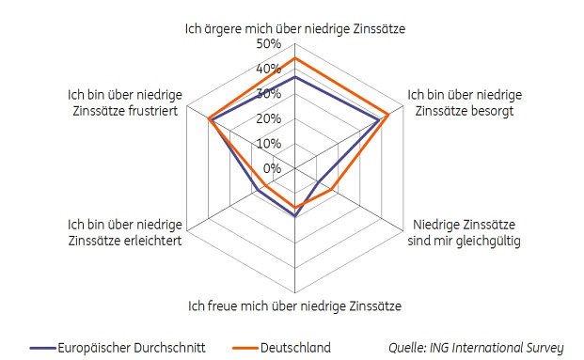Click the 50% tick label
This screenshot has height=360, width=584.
point(269,45)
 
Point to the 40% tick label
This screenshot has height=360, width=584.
point(269,70)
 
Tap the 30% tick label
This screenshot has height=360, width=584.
point(269,94)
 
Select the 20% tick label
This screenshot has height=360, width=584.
point(269,118)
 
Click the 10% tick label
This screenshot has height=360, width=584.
point(269,144)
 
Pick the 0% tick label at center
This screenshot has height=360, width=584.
point(272,168)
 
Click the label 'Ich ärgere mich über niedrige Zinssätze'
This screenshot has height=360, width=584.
point(294,29)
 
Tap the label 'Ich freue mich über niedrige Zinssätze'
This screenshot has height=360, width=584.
point(294,305)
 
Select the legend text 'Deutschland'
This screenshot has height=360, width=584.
point(297,348)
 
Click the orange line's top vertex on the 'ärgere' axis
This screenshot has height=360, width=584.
point(295,58)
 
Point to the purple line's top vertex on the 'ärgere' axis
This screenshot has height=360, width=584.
point(295,78)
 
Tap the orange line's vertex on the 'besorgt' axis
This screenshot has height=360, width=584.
point(388,115)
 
